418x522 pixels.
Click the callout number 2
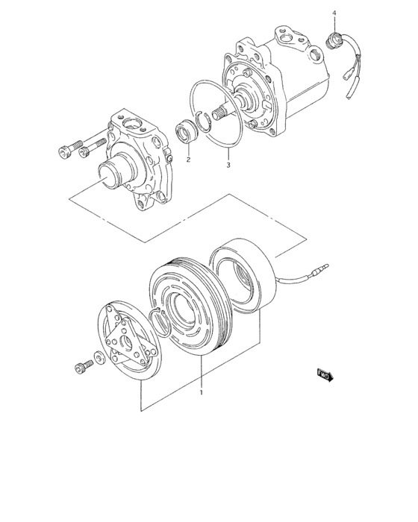188,160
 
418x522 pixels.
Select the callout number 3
228,165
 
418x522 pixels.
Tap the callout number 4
334,13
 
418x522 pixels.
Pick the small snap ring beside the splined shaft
203,121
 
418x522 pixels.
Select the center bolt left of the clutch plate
82,366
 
